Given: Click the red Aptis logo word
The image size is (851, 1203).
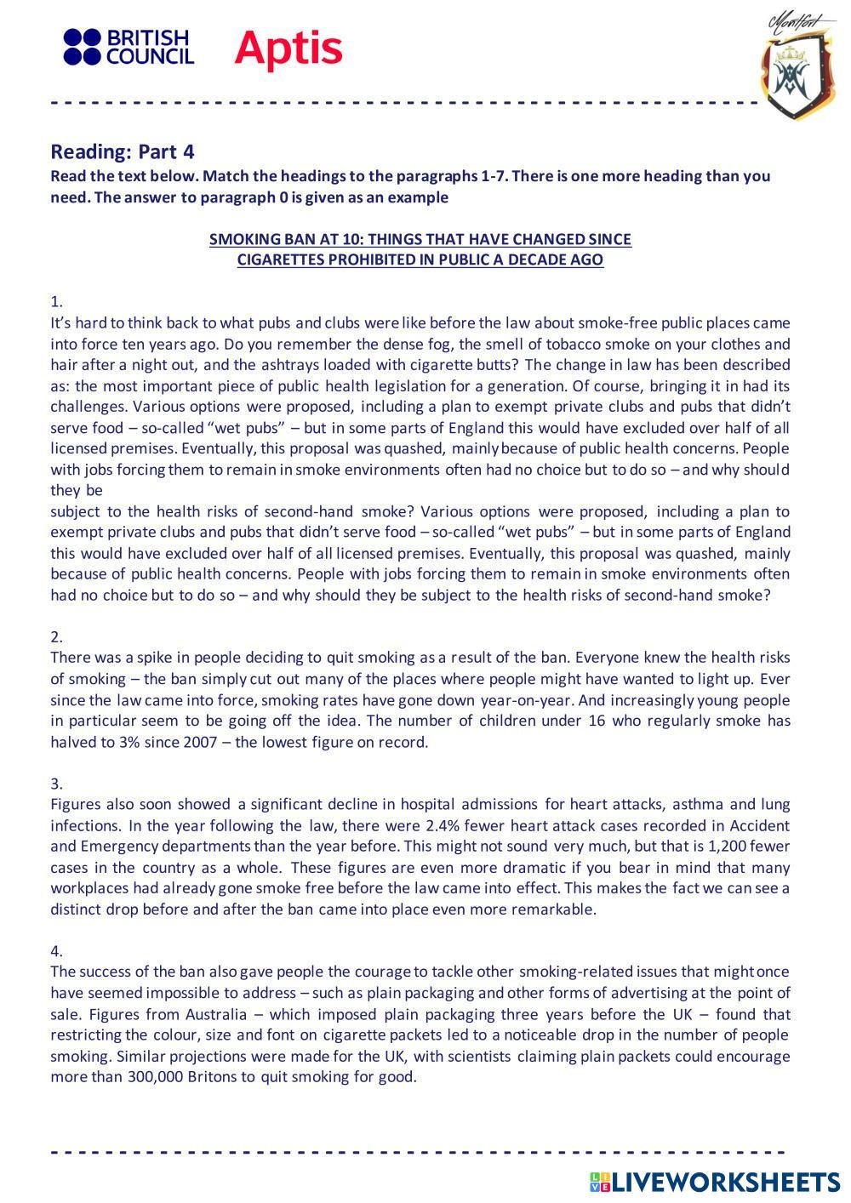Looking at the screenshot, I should [x=288, y=48].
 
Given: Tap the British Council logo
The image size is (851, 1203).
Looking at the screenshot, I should [x=129, y=47].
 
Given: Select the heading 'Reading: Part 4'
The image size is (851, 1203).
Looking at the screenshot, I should [x=123, y=151].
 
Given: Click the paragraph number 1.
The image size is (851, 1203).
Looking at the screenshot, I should [x=56, y=301].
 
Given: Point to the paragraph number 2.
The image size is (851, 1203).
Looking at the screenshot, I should [x=56, y=636].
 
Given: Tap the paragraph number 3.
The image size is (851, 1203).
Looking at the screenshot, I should [x=56, y=783].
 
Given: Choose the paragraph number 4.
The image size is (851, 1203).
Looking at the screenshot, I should [x=56, y=950].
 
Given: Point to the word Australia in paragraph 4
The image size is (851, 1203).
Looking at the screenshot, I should [x=211, y=1014].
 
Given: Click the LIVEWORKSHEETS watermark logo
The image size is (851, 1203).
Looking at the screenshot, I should [x=715, y=1181].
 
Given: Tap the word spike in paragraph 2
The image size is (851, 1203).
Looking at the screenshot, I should [x=157, y=658].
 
